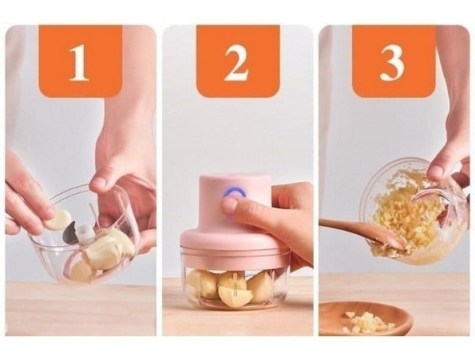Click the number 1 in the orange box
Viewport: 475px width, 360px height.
click(x=79, y=63)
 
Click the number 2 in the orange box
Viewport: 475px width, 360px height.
click(x=236, y=63)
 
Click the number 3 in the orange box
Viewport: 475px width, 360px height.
click(x=392, y=63)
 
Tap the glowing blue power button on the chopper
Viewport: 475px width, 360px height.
click(x=233, y=193)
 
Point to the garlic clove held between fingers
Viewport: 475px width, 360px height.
click(x=58, y=219)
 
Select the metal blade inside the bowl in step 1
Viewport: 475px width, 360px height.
click(x=69, y=233)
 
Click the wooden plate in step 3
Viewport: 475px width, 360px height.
click(x=367, y=319)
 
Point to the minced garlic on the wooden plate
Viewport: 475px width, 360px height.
click(x=366, y=321)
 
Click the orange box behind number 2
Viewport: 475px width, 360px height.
click(x=237, y=61)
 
